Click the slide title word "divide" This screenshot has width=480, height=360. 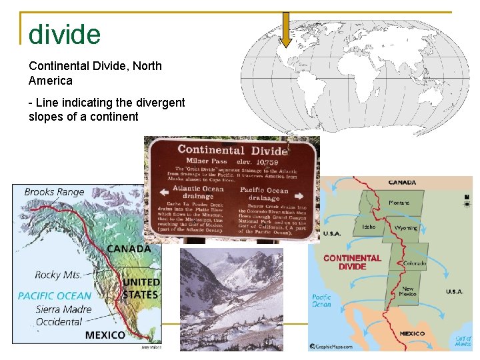point(65,34)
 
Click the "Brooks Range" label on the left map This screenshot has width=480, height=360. point(54,192)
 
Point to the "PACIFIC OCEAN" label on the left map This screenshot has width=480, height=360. point(54,295)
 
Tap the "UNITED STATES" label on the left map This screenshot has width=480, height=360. point(140,289)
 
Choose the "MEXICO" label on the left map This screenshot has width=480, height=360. point(105,335)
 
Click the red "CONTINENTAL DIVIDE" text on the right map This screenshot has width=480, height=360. point(352,262)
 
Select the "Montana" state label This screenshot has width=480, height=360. point(399,203)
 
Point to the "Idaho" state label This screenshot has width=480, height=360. point(369,227)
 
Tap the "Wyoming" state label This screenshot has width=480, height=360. point(405,228)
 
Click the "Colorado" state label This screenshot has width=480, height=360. point(414,263)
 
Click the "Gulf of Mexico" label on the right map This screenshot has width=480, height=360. point(463,341)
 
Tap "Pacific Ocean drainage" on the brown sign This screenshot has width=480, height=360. point(264,193)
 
